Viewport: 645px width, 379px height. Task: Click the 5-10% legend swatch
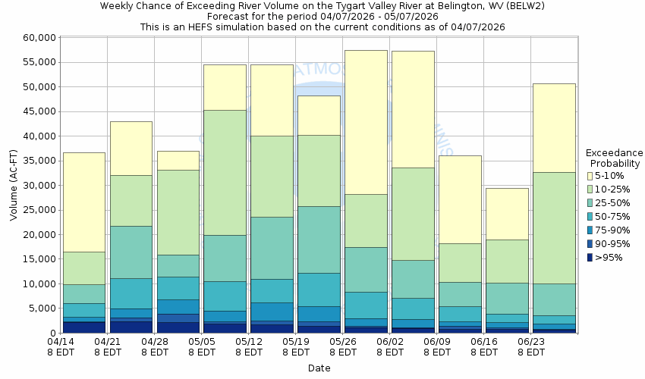[x=590, y=175]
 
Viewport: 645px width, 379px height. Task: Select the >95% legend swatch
[x=590, y=257]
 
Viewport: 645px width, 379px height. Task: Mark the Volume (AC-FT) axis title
[x=13, y=185]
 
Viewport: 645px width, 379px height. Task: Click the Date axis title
[x=319, y=368]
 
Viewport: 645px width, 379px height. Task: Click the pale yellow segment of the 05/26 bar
[x=366, y=121]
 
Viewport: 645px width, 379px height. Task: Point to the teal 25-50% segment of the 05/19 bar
[x=319, y=240]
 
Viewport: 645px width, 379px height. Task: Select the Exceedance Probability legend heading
[x=615, y=158]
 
